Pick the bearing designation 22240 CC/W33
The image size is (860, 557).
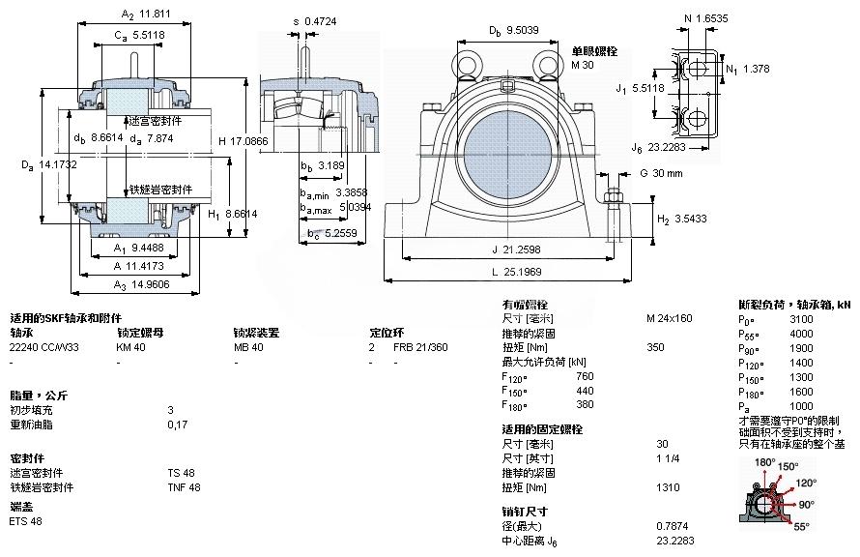point(44,347)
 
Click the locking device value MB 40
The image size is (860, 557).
point(248,347)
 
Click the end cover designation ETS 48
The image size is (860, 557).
point(25,521)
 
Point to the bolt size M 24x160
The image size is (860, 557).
point(669,319)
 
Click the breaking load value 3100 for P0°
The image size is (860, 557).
point(801,319)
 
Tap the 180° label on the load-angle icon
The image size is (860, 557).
point(764,462)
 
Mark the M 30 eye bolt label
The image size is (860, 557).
point(583,65)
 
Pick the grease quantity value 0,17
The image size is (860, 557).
point(176,425)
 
